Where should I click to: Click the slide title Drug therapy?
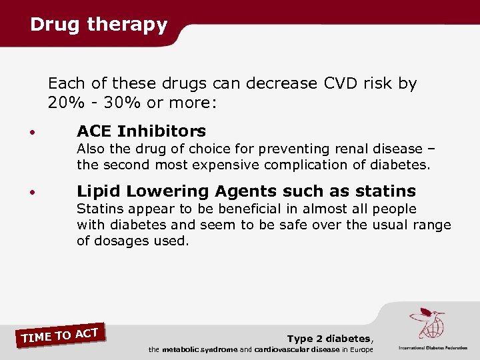click(99, 25)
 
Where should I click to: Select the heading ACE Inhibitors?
click(141, 131)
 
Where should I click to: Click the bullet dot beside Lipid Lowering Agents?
click(32, 193)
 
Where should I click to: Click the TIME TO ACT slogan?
click(60, 335)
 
